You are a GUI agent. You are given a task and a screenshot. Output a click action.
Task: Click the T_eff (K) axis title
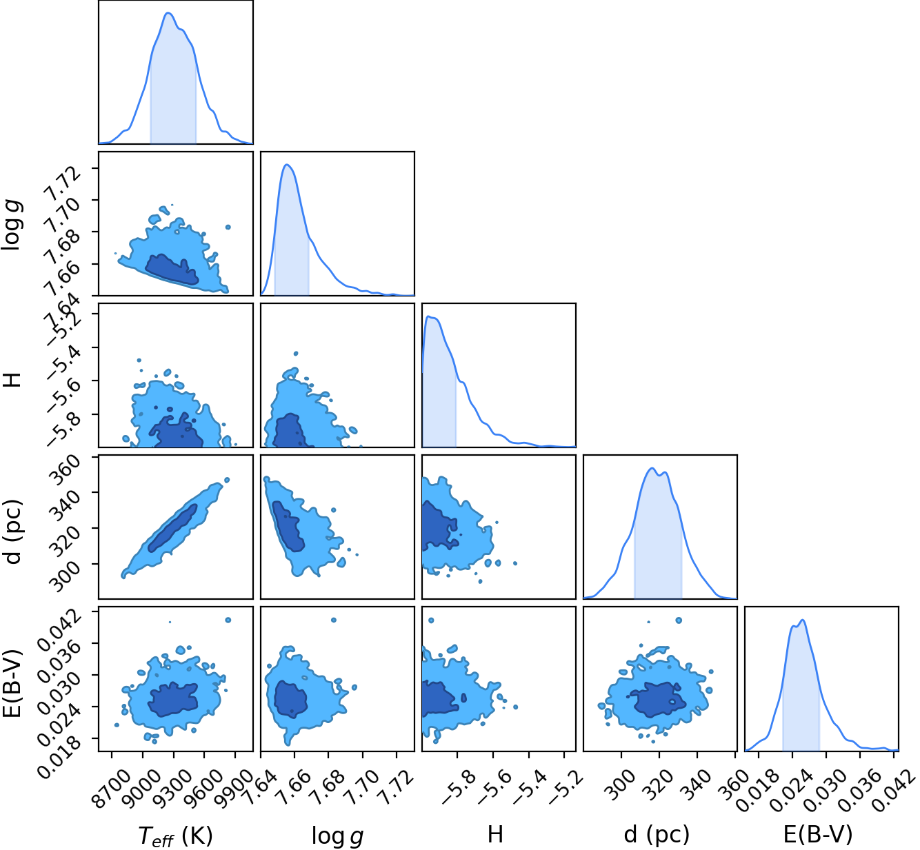176,835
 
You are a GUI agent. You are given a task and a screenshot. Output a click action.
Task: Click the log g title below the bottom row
337,835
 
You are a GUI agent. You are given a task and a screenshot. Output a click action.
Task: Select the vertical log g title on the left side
12,225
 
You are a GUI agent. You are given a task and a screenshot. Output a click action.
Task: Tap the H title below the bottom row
495,833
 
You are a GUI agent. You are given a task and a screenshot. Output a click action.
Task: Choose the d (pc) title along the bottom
657,835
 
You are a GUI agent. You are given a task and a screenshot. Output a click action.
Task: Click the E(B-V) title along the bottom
818,834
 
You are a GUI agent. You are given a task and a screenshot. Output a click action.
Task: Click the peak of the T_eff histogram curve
168,13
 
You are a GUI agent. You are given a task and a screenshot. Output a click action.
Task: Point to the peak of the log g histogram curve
287,165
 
